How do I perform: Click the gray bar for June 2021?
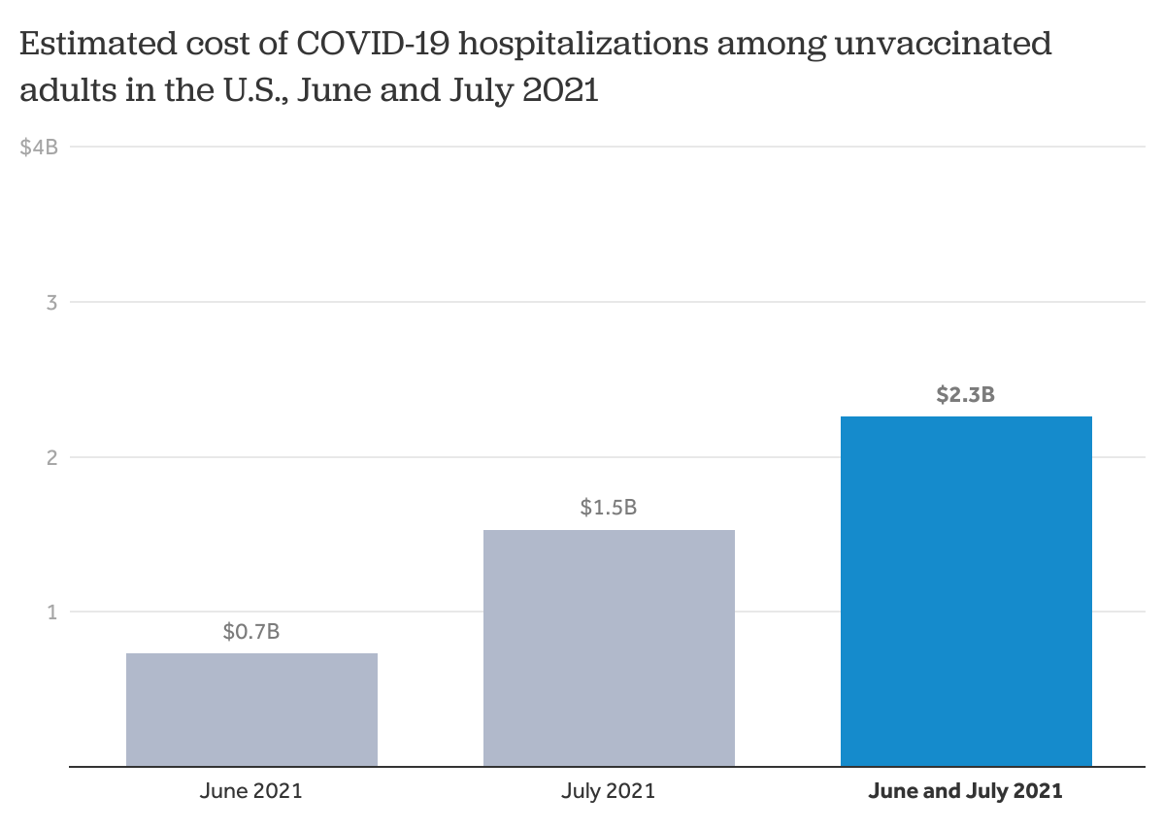pyautogui.click(x=251, y=710)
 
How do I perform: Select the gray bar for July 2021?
pyautogui.click(x=609, y=647)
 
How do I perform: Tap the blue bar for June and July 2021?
pyautogui.click(x=966, y=591)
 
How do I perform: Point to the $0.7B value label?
pyautogui.click(x=251, y=632)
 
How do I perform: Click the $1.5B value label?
pyautogui.click(x=609, y=508)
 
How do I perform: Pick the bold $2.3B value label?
pyautogui.click(x=965, y=395)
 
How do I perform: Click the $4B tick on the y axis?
pyautogui.click(x=39, y=148)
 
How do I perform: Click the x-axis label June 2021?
pyautogui.click(x=251, y=791)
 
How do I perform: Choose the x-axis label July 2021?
pyautogui.click(x=609, y=791)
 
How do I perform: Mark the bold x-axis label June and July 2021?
pyautogui.click(x=966, y=791)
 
